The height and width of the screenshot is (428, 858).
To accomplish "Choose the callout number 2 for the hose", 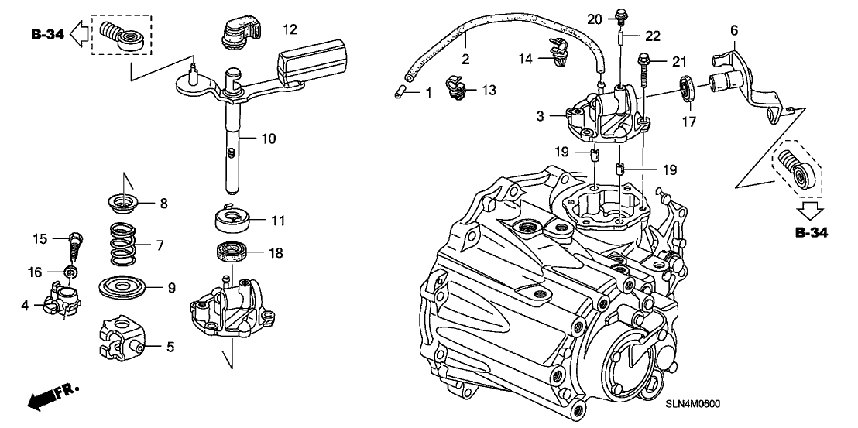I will click(x=466, y=59).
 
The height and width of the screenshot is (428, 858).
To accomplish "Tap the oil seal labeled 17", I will click(x=686, y=88).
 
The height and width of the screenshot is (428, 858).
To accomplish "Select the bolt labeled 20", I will click(x=622, y=15).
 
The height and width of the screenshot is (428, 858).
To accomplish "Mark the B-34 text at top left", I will click(x=47, y=34).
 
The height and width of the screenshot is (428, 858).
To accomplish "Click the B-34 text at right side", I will click(x=811, y=232).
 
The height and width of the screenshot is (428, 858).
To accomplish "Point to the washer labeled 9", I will click(x=127, y=288).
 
